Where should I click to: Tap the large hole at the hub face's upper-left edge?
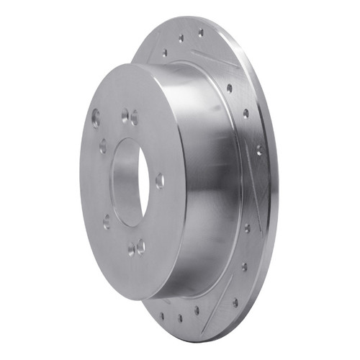(96, 118)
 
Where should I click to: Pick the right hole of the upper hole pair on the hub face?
(134, 117)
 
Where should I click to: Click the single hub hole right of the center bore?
(159, 180)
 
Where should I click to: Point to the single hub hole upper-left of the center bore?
(103, 146)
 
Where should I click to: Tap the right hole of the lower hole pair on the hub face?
(140, 246)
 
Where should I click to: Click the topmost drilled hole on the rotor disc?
(200, 32)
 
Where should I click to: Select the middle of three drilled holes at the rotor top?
(181, 38)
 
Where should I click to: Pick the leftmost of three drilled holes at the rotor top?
(165, 53)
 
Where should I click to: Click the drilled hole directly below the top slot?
(229, 89)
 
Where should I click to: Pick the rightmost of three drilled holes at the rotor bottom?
(196, 310)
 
